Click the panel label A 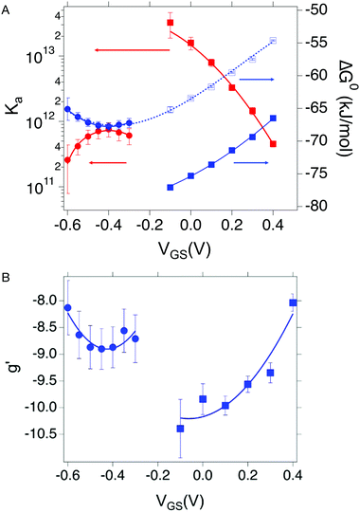click(x=9, y=9)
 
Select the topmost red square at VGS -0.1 click(x=170, y=23)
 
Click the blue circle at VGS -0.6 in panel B click(x=67, y=308)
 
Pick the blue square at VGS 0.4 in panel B click(x=293, y=302)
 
